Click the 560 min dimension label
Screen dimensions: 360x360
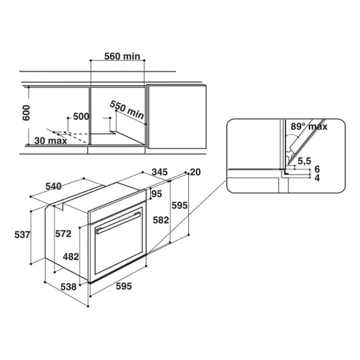[122, 56]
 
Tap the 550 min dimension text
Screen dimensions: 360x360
[127, 110]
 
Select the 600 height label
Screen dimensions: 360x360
[26, 113]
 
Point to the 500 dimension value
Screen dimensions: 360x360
[81, 117]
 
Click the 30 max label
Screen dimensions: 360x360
[51, 141]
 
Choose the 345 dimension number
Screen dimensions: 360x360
[160, 172]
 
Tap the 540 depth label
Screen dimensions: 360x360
[54, 186]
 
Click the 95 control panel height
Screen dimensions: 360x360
[157, 194]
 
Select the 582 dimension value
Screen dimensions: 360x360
[161, 220]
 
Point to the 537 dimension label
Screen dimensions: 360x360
[22, 235]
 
